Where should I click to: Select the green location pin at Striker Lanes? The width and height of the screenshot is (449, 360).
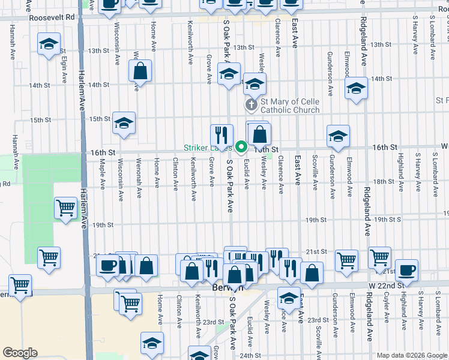click(x=241, y=146)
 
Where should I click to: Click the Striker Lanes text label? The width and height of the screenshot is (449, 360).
click(x=208, y=148)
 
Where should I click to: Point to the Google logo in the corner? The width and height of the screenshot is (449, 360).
click(x=20, y=353)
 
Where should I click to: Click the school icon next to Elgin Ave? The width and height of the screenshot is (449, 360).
click(x=49, y=44)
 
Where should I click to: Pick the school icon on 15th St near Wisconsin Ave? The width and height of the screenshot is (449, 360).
click(x=124, y=122)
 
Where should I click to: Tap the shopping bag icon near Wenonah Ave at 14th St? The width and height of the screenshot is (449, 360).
click(x=140, y=71)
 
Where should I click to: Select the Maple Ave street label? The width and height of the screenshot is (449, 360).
click(x=103, y=172)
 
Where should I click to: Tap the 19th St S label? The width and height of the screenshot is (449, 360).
click(x=387, y=220)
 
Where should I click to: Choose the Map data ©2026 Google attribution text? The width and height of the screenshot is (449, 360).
click(x=411, y=355)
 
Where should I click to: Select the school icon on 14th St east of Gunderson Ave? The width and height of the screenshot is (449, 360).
click(x=356, y=89)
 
